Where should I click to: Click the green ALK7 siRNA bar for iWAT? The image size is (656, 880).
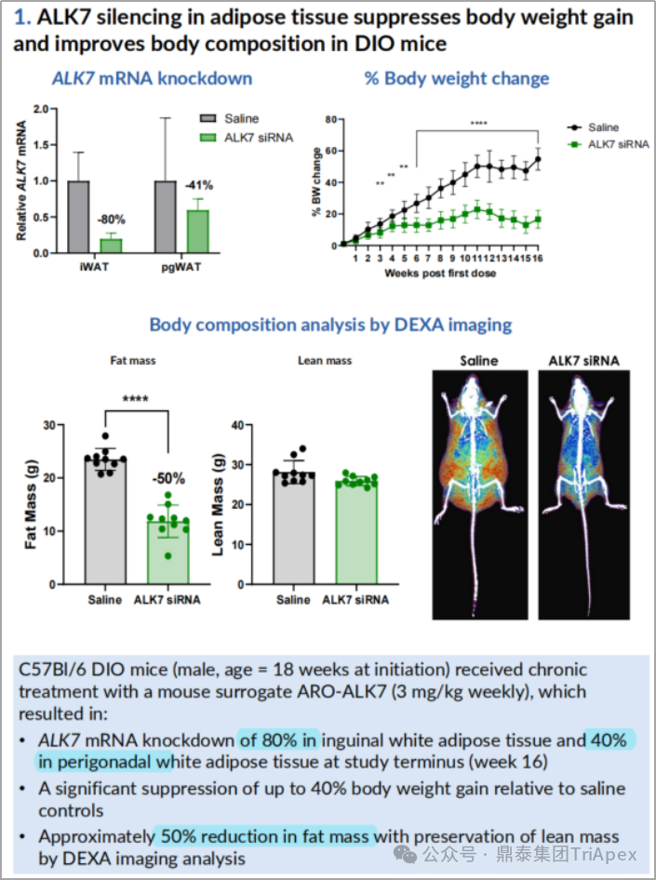tap(111, 246)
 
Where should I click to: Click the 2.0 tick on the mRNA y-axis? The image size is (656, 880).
tap(38, 109)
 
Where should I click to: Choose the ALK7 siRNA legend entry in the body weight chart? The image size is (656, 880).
tap(609, 144)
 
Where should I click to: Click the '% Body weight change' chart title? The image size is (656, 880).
tap(456, 78)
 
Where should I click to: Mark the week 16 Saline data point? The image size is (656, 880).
tap(538, 159)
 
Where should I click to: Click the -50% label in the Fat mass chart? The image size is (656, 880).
tap(168, 479)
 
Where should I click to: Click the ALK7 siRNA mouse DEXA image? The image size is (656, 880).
tap(585, 488)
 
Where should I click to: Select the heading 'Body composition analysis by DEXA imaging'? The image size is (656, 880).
tap(330, 325)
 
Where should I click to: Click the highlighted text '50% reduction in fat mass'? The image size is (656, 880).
tap(265, 835)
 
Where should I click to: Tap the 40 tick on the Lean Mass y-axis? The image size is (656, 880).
tap(236, 425)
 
